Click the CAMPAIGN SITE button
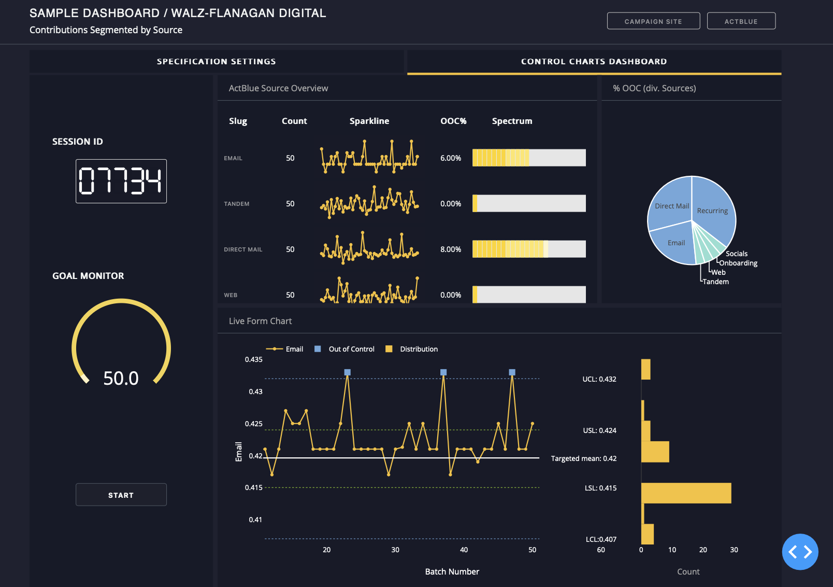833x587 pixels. click(x=653, y=21)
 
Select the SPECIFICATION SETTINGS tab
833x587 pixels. click(x=216, y=62)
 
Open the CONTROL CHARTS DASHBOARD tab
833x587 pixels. click(x=594, y=62)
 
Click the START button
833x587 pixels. click(x=121, y=495)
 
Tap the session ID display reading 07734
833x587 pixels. click(x=121, y=181)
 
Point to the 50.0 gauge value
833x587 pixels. click(x=121, y=379)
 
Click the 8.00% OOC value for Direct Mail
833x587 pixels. click(x=450, y=249)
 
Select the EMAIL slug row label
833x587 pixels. click(x=233, y=158)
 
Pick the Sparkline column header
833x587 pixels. click(x=369, y=121)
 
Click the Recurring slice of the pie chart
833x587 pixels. click(x=712, y=211)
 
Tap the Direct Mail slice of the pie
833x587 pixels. click(x=671, y=206)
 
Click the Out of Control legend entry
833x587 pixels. click(x=351, y=349)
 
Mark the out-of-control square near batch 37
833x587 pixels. click(x=443, y=372)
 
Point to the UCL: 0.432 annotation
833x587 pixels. click(x=599, y=379)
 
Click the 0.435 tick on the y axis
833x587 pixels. click(x=253, y=359)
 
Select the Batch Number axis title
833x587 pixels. click(x=452, y=571)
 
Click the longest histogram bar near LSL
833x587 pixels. click(x=686, y=493)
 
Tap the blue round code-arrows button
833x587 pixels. click(x=800, y=552)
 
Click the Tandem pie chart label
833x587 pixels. click(x=715, y=282)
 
